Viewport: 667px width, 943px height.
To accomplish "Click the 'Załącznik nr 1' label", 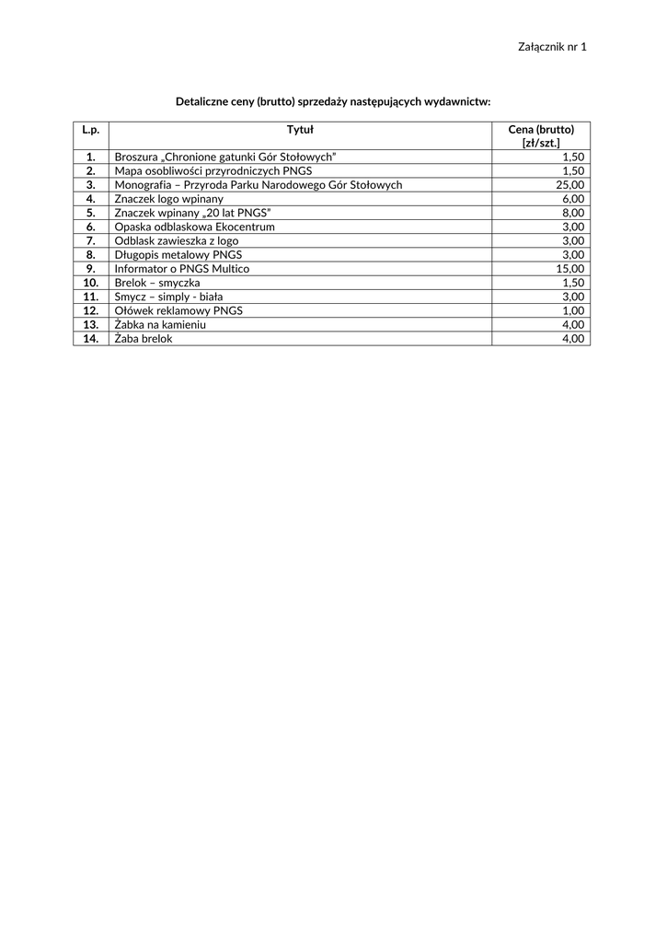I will click(x=552, y=46).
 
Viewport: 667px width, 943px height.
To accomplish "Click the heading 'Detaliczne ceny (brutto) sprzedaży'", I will click(x=333, y=100).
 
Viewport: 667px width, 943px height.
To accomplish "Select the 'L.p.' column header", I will click(x=90, y=130).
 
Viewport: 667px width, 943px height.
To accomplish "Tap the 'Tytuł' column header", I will click(x=300, y=130).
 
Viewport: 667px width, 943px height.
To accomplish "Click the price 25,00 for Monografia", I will click(x=569, y=185).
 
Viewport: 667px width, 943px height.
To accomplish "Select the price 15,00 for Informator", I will click(x=569, y=269).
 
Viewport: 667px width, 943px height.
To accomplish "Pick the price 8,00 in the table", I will click(x=572, y=213).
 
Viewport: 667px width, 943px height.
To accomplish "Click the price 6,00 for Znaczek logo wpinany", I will click(x=572, y=199).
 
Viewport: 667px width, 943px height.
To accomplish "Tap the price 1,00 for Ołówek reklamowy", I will click(x=572, y=311).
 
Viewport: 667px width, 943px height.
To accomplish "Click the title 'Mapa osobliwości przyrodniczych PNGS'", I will click(x=213, y=171).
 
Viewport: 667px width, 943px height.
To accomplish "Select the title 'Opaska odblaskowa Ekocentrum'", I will click(x=194, y=227).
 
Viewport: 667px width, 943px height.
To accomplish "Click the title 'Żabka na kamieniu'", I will click(x=160, y=325).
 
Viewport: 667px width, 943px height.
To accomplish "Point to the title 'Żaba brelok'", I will click(x=144, y=339).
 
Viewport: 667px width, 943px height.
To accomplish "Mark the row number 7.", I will click(x=90, y=241).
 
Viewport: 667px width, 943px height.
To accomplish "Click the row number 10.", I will click(x=90, y=283).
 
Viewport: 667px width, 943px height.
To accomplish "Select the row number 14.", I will click(x=90, y=339).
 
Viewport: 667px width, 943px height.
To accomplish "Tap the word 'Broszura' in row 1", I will click(x=136, y=157).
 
